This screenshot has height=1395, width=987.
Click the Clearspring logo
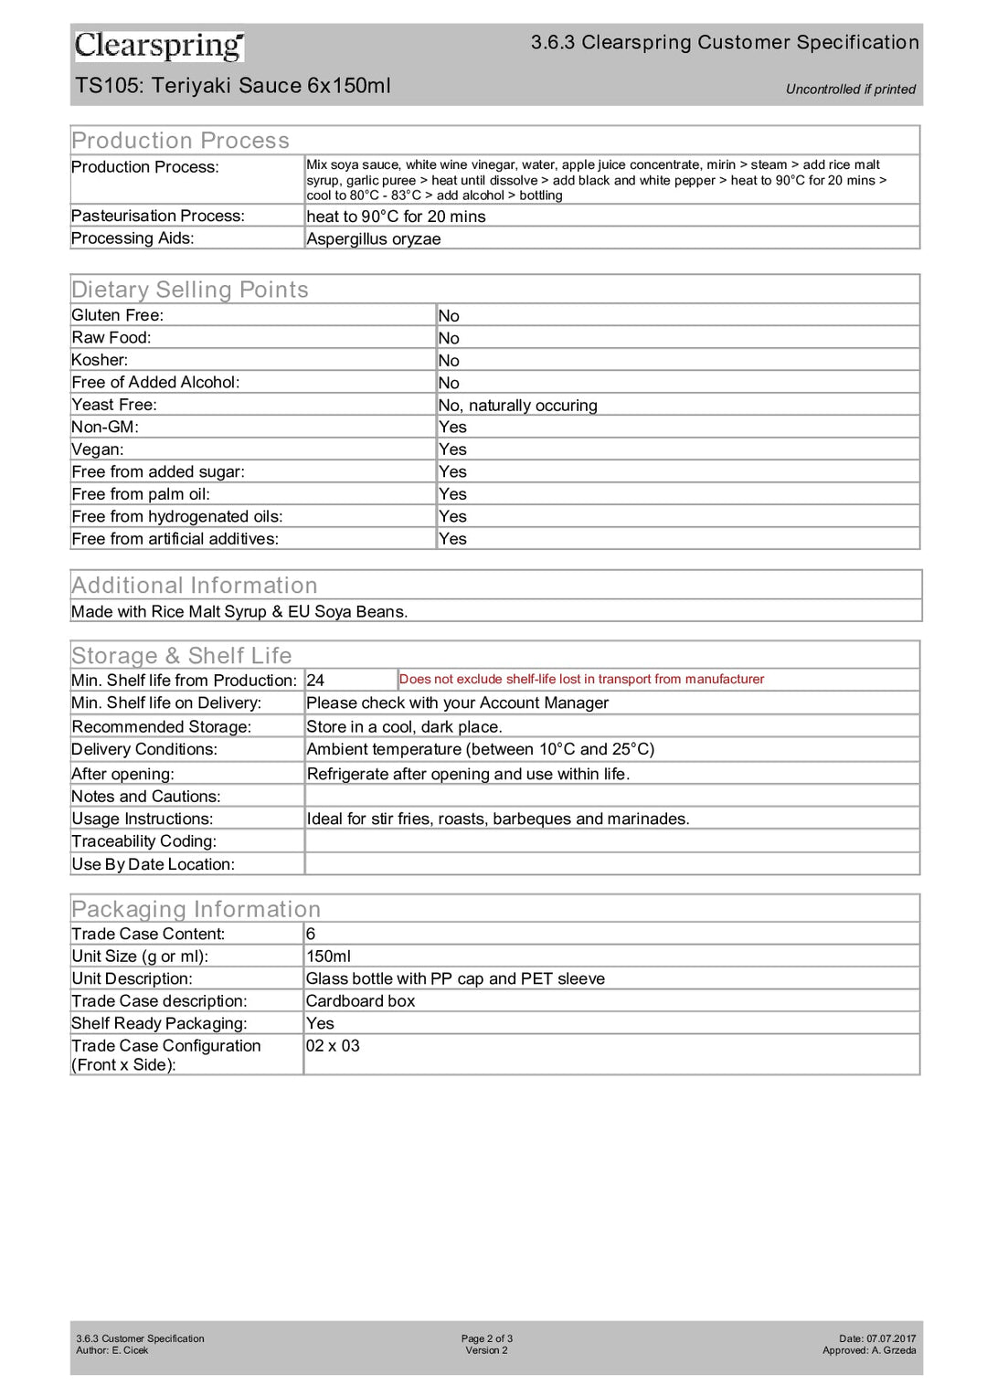[x=159, y=46]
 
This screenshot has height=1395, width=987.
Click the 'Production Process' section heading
[x=180, y=141]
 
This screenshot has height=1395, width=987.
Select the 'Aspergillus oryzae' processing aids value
[x=373, y=238]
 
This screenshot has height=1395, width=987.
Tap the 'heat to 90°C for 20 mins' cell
[x=396, y=217]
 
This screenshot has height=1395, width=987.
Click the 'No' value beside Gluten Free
[x=449, y=316]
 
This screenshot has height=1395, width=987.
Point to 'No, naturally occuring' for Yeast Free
[x=517, y=406]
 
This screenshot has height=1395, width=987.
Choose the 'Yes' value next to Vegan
[x=452, y=449]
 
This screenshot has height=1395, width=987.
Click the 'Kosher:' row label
[x=100, y=360]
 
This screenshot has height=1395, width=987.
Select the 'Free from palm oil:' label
[x=141, y=494]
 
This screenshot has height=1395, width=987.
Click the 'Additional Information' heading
[x=195, y=586]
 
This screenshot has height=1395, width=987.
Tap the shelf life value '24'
[x=315, y=681]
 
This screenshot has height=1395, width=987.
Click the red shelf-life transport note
[x=581, y=680]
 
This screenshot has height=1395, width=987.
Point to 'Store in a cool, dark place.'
[x=404, y=727]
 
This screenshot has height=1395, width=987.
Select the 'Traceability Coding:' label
[x=143, y=841]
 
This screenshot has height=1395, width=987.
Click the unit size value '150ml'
[x=328, y=956]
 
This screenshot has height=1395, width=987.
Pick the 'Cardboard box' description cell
[x=360, y=1001]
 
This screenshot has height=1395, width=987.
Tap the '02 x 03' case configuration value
[x=333, y=1046]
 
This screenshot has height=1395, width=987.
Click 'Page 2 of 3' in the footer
[x=487, y=1338]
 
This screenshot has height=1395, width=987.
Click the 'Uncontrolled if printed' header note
[x=850, y=90]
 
